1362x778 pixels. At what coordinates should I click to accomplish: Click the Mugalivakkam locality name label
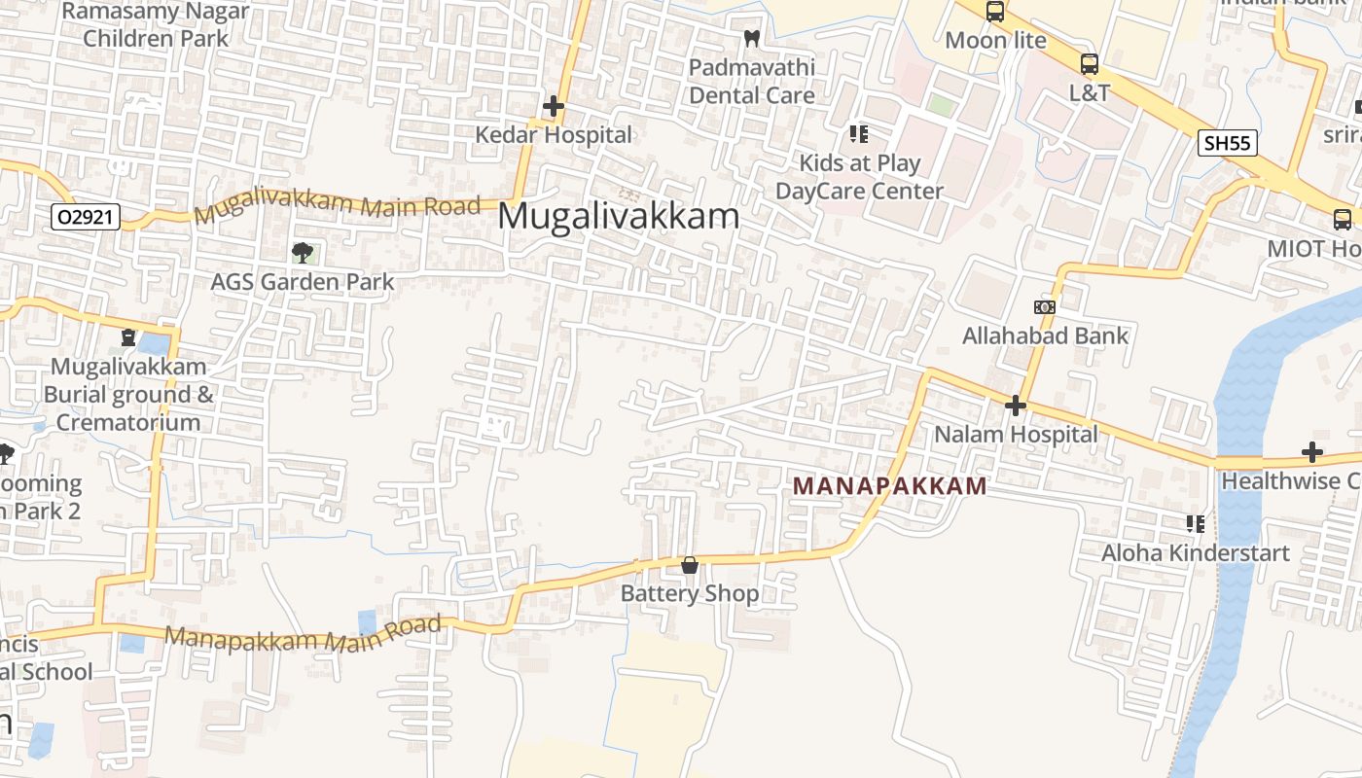(x=618, y=216)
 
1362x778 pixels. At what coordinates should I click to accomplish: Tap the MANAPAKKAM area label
(x=889, y=485)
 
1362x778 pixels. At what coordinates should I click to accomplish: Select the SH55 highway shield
(x=1227, y=143)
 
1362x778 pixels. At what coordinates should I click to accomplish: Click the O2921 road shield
(x=86, y=217)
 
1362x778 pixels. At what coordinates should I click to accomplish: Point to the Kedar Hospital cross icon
(x=554, y=106)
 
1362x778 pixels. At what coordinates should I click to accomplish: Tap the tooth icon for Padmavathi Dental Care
(x=751, y=39)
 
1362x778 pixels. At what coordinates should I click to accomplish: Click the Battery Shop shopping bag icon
(x=690, y=565)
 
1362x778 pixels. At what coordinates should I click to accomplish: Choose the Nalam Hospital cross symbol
(x=1016, y=405)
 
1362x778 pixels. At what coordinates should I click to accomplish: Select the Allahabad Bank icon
(x=1045, y=307)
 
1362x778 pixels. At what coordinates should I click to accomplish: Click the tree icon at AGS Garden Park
(x=303, y=253)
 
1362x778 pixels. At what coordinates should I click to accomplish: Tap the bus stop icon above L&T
(x=1090, y=64)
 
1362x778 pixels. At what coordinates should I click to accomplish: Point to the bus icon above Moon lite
(x=994, y=12)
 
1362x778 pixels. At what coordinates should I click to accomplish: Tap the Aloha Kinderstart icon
(x=1196, y=524)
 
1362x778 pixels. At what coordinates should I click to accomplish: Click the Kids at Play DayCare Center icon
(x=858, y=133)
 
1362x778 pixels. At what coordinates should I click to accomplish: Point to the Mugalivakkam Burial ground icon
(x=127, y=337)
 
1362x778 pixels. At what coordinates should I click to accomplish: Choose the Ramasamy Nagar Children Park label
(x=155, y=25)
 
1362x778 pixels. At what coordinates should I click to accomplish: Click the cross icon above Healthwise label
(x=1312, y=452)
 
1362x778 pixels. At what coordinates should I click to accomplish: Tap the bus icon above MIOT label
(x=1343, y=220)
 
